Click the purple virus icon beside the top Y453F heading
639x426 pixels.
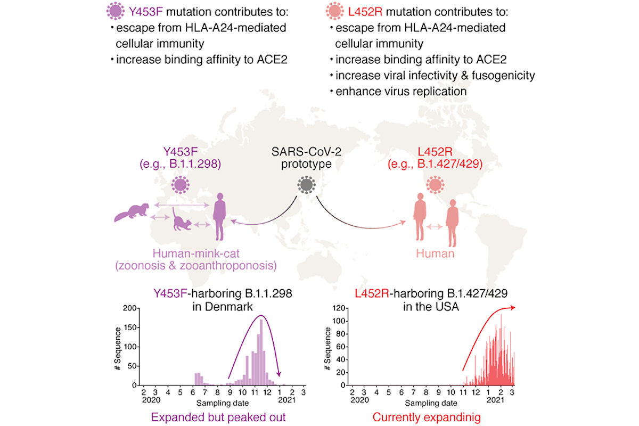[116, 11]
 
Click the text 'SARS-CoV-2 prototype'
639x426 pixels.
[305, 158]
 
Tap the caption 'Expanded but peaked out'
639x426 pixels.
[218, 417]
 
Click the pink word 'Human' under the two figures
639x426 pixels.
[436, 254]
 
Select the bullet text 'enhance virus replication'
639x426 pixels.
[400, 91]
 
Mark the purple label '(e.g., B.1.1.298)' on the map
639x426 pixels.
[181, 164]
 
